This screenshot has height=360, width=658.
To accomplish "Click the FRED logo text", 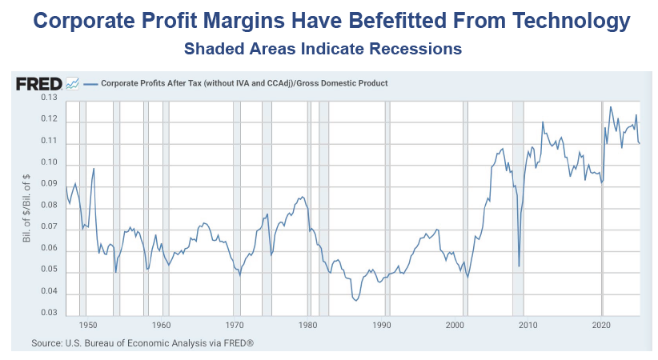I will [38, 82].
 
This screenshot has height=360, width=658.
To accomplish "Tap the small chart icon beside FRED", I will [72, 82].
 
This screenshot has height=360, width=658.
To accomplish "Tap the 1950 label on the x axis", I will [88, 326].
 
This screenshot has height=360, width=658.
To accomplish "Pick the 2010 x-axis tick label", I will [528, 326].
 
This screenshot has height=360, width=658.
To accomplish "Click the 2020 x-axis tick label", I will [601, 326].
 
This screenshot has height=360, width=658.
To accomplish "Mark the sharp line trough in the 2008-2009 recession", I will [519, 266].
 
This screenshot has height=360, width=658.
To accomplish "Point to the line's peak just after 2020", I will [611, 106].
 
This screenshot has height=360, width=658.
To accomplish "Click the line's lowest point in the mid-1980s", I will [355, 301].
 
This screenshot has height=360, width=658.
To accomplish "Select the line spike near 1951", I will [94, 169].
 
